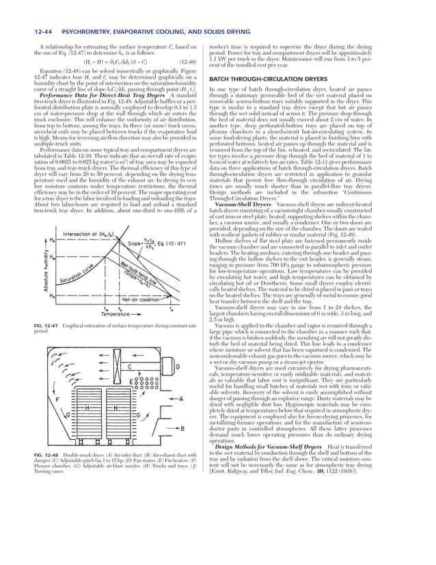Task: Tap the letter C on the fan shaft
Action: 130,367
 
